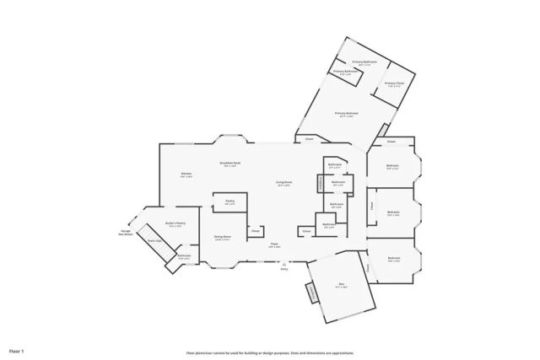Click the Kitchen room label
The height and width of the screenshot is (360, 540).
click(186, 175)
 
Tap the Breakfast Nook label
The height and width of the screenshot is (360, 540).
click(230, 164)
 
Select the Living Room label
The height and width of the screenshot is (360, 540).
click(283, 183)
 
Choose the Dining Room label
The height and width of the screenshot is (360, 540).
click(223, 238)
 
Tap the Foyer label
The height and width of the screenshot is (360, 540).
click(274, 245)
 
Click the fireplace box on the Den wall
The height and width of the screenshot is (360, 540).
click(313, 293)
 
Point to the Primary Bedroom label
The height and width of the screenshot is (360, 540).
click(346, 114)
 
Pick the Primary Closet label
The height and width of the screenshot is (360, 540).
click(393, 83)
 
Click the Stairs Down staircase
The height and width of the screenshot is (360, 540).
click(154, 241)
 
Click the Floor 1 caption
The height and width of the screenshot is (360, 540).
click(18, 350)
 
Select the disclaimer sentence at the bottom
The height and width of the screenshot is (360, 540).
click(270, 353)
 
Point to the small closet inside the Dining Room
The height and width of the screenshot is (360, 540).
click(254, 229)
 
